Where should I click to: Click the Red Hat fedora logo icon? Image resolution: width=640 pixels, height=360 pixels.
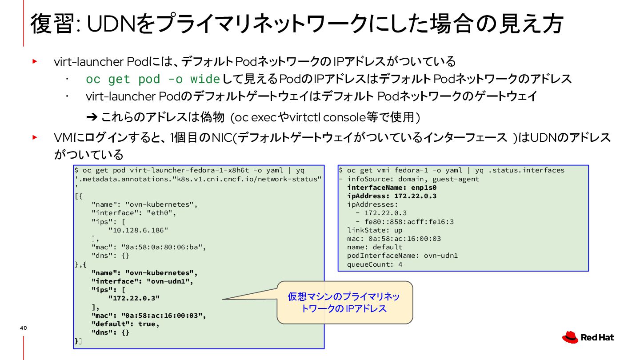(570, 338)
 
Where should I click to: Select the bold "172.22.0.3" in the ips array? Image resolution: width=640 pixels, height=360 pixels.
(134, 298)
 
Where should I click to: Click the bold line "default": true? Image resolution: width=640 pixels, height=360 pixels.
(125, 324)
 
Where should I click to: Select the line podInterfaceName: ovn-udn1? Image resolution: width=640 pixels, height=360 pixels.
(402, 256)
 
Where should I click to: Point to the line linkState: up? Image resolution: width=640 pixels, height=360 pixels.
(375, 230)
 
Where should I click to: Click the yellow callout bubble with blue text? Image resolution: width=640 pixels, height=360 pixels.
(344, 302)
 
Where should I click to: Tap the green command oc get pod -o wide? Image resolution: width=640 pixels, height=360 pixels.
(153, 80)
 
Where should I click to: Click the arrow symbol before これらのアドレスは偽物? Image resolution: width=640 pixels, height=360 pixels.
(92, 117)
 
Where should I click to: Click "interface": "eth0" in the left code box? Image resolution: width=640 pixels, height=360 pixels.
(134, 213)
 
